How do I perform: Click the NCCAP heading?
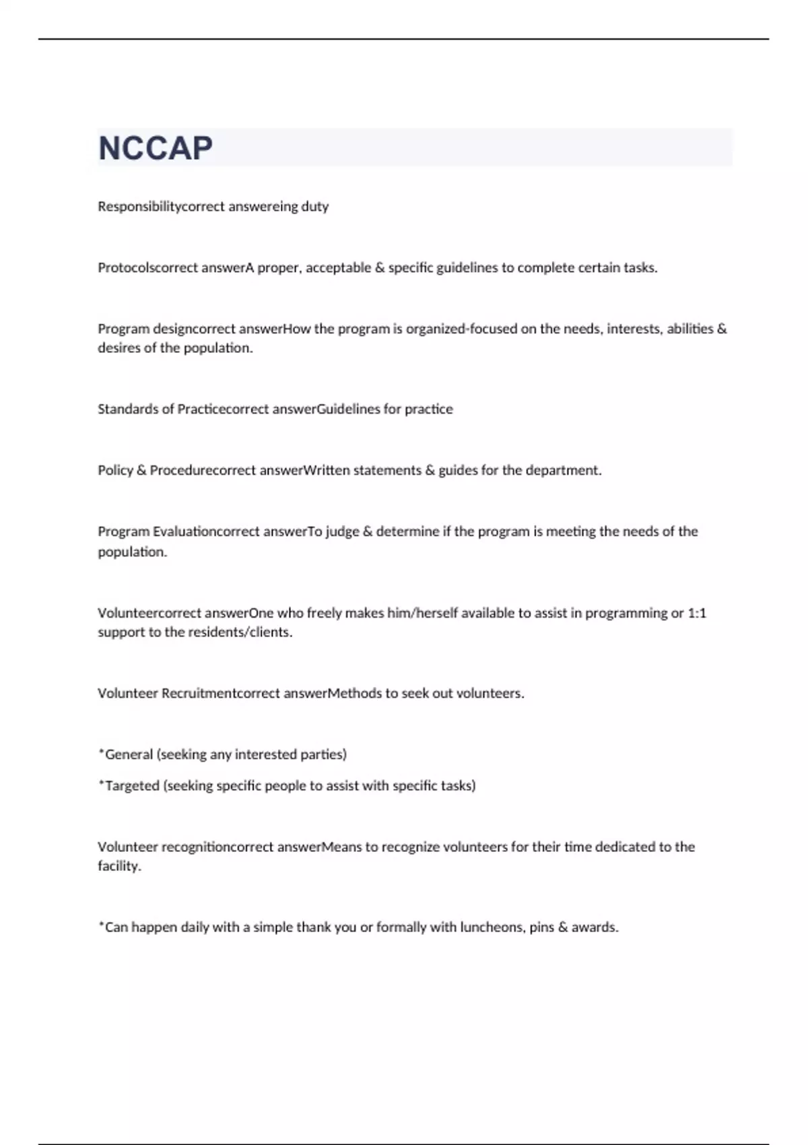pyautogui.click(x=156, y=148)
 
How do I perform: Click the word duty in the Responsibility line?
pyautogui.click(x=314, y=207)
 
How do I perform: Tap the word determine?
pyautogui.click(x=407, y=531)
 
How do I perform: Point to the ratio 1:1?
pyautogui.click(x=697, y=613)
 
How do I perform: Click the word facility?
pyautogui.click(x=119, y=866)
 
